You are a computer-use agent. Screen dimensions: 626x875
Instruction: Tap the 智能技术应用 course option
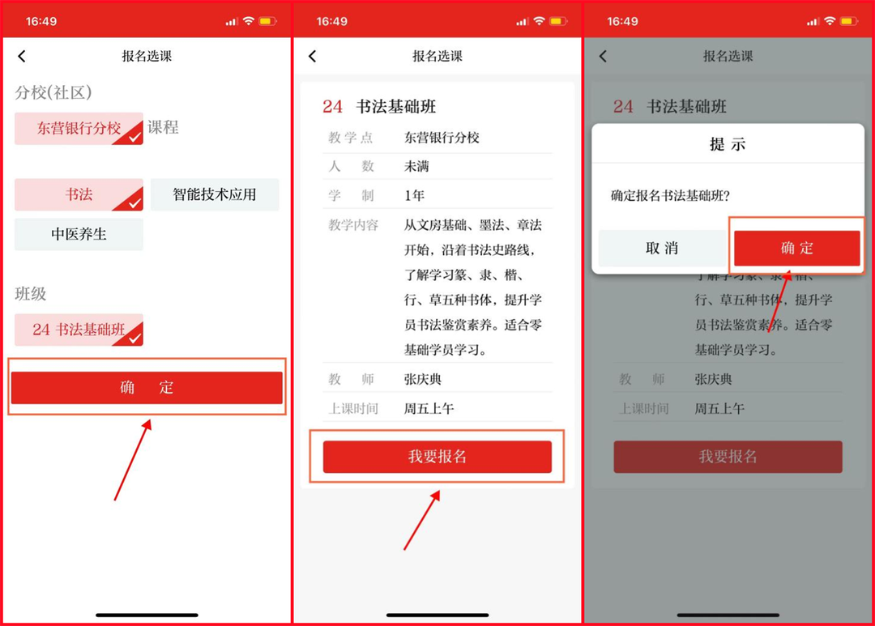215,195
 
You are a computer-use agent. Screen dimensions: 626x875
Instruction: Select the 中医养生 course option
79,234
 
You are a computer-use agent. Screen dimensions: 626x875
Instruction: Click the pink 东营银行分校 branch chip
79,128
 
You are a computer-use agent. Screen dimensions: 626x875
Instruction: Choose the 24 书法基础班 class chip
79,330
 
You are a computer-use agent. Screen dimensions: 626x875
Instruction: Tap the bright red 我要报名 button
437,457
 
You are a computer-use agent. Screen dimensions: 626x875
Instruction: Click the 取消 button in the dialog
662,249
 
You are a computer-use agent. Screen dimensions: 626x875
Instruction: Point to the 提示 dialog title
728,144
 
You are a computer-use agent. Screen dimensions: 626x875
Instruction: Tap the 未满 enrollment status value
416,167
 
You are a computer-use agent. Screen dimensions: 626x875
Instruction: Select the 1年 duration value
414,196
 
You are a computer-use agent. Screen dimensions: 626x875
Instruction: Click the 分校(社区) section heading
53,92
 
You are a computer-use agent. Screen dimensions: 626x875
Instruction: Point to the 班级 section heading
31,294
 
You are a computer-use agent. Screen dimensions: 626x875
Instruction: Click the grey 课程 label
163,128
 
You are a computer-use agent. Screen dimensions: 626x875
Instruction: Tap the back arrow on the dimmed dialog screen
603,56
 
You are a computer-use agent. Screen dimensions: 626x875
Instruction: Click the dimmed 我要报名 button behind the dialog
728,457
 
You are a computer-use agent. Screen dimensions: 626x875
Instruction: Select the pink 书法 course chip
79,195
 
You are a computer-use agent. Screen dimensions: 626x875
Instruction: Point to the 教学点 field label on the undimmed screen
352,138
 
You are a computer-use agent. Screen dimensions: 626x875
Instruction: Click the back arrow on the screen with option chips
22,56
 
